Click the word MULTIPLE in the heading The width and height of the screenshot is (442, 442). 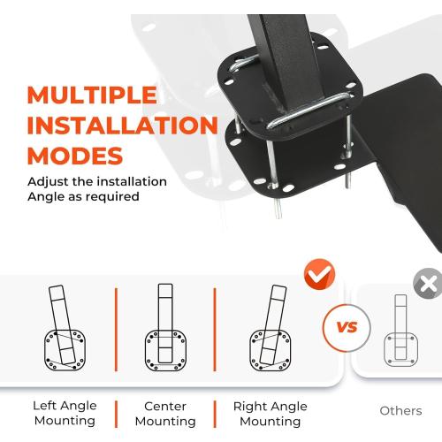92,95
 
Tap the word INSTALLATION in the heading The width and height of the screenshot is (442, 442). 122,125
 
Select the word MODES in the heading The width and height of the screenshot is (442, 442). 75,156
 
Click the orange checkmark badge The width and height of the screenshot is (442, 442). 320,274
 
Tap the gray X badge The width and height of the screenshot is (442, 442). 428,284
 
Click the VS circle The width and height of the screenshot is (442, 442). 347,328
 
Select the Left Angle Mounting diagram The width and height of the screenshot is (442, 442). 65,328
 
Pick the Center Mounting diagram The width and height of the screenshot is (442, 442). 165,327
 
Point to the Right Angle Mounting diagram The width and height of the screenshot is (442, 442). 271,328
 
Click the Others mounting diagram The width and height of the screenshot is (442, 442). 400,331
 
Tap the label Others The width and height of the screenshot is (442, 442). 400,410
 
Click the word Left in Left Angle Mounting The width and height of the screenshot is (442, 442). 44,406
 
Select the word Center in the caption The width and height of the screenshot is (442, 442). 165,406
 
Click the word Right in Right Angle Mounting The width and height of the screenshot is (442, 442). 250,407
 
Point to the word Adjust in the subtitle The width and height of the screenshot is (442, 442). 49,182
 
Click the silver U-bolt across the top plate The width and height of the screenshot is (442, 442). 309,110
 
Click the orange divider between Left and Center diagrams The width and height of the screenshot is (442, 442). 116,330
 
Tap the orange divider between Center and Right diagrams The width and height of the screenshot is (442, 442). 215,330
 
